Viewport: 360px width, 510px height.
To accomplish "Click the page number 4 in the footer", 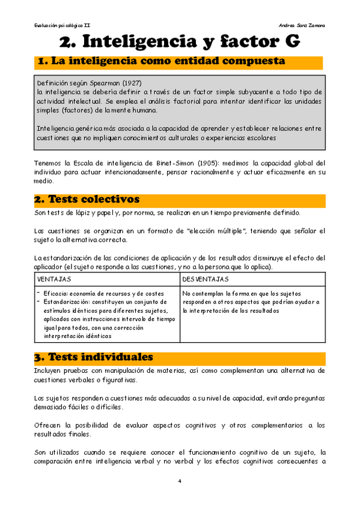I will [180, 481].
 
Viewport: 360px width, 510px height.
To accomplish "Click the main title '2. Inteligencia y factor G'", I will [179, 41].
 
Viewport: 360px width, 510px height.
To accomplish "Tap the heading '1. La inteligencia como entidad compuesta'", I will [161, 63].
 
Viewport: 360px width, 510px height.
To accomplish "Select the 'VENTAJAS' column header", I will [54, 280].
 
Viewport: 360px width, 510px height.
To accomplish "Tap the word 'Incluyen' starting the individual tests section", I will [48, 370].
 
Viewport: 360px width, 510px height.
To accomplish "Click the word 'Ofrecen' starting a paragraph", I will [48, 425].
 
